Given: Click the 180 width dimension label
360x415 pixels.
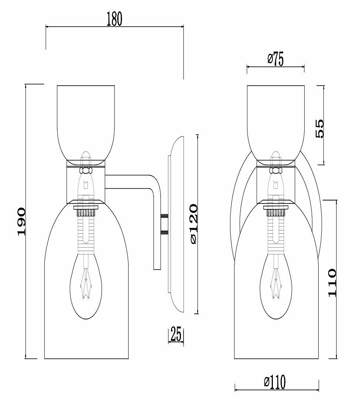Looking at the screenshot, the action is pyautogui.click(x=114, y=19).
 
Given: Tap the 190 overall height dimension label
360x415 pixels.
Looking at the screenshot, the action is pyautogui.click(x=20, y=221).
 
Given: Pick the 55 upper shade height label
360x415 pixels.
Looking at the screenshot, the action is pyautogui.click(x=319, y=128).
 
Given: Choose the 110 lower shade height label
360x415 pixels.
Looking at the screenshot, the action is pyautogui.click(x=331, y=282).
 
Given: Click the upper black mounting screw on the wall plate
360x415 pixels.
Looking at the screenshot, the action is pyautogui.click(x=164, y=216).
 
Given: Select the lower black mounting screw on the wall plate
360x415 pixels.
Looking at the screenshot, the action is pyautogui.click(x=164, y=233).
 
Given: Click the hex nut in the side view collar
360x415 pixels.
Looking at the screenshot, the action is pyautogui.click(x=86, y=171).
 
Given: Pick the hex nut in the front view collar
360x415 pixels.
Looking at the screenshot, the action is pyautogui.click(x=275, y=171).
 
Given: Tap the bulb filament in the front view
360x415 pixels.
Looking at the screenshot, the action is pyautogui.click(x=275, y=284).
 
